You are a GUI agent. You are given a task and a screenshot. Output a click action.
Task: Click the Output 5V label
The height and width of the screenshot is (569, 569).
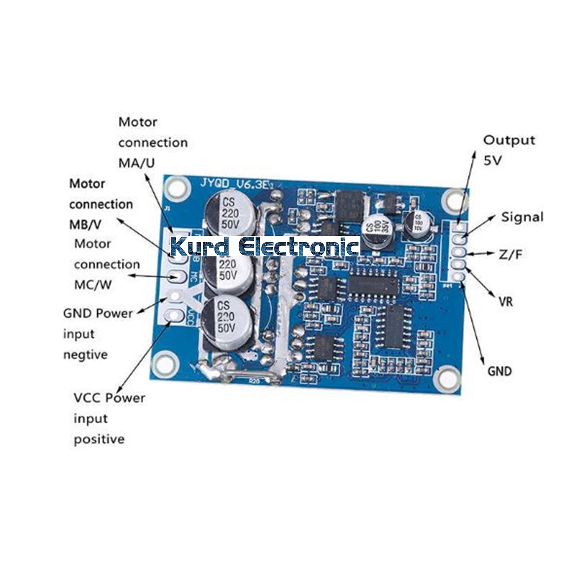[509, 150]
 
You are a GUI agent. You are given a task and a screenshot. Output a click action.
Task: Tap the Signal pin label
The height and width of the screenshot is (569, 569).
[522, 217]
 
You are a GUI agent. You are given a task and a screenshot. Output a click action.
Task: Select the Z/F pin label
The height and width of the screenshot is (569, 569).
[510, 254]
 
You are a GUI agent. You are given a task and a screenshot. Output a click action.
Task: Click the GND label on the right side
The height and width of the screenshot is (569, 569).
[499, 371]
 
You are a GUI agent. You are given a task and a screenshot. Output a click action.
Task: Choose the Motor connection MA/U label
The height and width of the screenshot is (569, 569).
[153, 142]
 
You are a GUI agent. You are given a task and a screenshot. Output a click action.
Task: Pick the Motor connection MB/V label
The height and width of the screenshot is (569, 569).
[101, 204]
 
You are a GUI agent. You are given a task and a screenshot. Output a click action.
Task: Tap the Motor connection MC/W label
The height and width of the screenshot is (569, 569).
[107, 264]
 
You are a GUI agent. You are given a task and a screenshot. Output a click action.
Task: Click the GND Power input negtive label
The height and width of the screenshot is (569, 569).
[97, 334]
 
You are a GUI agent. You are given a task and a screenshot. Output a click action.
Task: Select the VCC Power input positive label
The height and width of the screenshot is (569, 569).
[109, 418]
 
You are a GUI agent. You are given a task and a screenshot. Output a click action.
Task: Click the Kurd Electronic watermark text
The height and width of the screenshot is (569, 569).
[265, 246]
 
